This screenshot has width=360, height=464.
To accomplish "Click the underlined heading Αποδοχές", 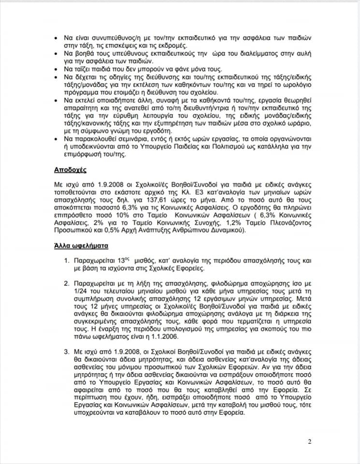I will pyautogui.click(x=70, y=170).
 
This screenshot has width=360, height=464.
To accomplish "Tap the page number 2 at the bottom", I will pyautogui.click(x=309, y=441).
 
